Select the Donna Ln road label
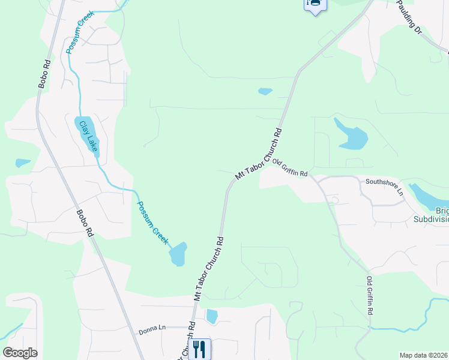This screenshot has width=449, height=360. pos(152,328)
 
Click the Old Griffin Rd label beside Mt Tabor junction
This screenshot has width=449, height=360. pos(290,167)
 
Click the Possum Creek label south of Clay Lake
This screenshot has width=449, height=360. pos(151,221)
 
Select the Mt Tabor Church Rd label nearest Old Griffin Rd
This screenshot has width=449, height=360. pos(258,153)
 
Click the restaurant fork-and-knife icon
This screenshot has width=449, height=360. pos(199,349)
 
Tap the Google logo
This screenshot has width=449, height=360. pos(20,353)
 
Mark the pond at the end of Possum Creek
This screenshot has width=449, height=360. pos(178,254)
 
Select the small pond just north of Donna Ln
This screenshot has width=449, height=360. pos(211,316)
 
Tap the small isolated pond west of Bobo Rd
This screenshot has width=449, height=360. pos(23,163)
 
